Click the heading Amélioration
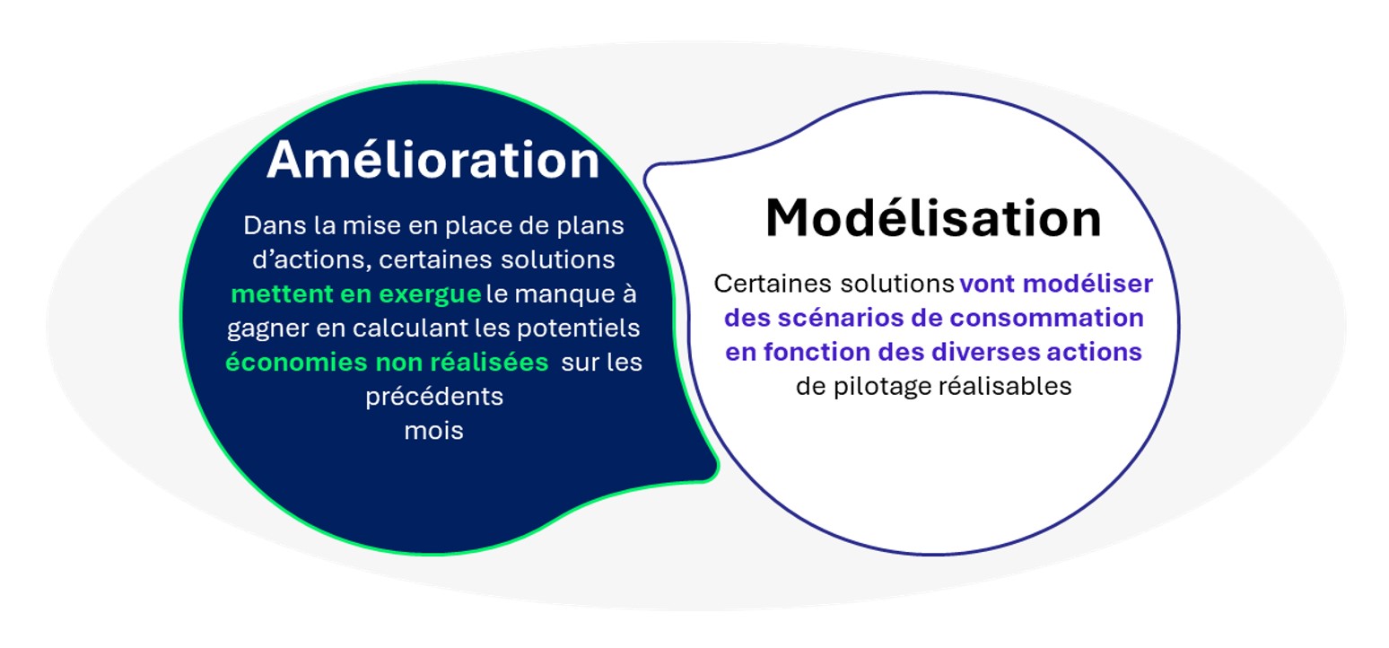tap(432, 160)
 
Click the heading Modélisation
tap(933, 218)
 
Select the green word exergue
tap(430, 294)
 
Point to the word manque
tap(561, 294)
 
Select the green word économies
tap(296, 362)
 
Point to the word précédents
tap(434, 397)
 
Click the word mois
tap(433, 431)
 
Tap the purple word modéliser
tap(1088, 284)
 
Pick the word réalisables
tap(1005, 386)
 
